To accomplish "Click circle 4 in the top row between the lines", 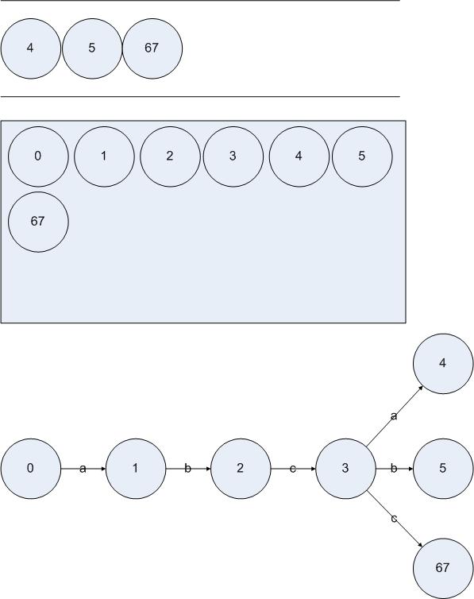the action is point(30,49).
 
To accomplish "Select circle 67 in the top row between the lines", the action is point(152,49).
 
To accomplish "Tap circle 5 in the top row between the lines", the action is point(92,49).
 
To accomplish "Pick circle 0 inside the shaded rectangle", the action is point(38,157).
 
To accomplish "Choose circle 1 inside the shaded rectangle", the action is point(104,157).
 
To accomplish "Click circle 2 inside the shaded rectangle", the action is point(170,157).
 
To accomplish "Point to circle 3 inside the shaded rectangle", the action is point(233,157).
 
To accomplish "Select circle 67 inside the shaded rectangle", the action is point(38,222).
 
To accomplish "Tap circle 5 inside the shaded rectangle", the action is point(362,157).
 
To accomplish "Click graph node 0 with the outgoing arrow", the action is point(30,469).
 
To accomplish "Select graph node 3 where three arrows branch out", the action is point(345,469).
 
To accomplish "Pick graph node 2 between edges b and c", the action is point(241,469).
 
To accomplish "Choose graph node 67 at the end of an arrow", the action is point(443,569).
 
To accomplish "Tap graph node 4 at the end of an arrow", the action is point(443,364).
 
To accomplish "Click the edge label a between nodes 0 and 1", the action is point(83,469).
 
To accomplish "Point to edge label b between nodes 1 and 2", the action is point(187,469).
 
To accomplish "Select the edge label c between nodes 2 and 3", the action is point(293,469).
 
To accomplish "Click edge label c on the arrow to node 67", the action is point(395,519).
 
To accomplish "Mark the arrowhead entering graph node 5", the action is point(410,469).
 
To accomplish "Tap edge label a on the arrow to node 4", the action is point(395,416).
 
